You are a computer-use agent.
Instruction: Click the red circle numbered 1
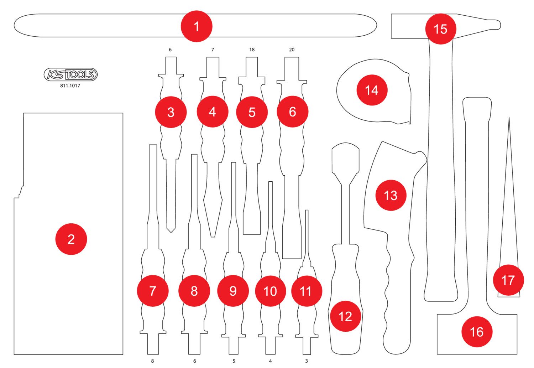pyautogui.click(x=197, y=27)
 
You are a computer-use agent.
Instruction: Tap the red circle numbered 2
pyautogui.click(x=71, y=239)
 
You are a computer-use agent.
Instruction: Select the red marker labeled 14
pyautogui.click(x=372, y=90)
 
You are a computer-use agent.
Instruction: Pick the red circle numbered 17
pyautogui.click(x=508, y=280)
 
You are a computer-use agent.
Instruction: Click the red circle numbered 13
pyautogui.click(x=391, y=195)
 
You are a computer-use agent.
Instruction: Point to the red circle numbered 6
pyautogui.click(x=293, y=112)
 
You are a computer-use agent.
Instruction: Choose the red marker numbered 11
pyautogui.click(x=307, y=291)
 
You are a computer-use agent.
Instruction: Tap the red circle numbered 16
pyautogui.click(x=477, y=332)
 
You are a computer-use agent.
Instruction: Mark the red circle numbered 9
pyautogui.click(x=233, y=291)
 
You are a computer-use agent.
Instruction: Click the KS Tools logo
pyautogui.click(x=70, y=74)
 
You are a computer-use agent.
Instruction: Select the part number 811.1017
pyautogui.click(x=70, y=86)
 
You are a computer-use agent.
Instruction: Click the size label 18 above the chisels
pyautogui.click(x=252, y=50)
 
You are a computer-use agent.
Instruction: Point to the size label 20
pyautogui.click(x=292, y=50)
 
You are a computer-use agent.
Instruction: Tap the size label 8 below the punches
pyautogui.click(x=153, y=361)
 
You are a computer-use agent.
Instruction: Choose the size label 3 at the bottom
pyautogui.click(x=307, y=361)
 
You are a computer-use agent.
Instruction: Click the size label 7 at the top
pyautogui.click(x=213, y=50)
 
